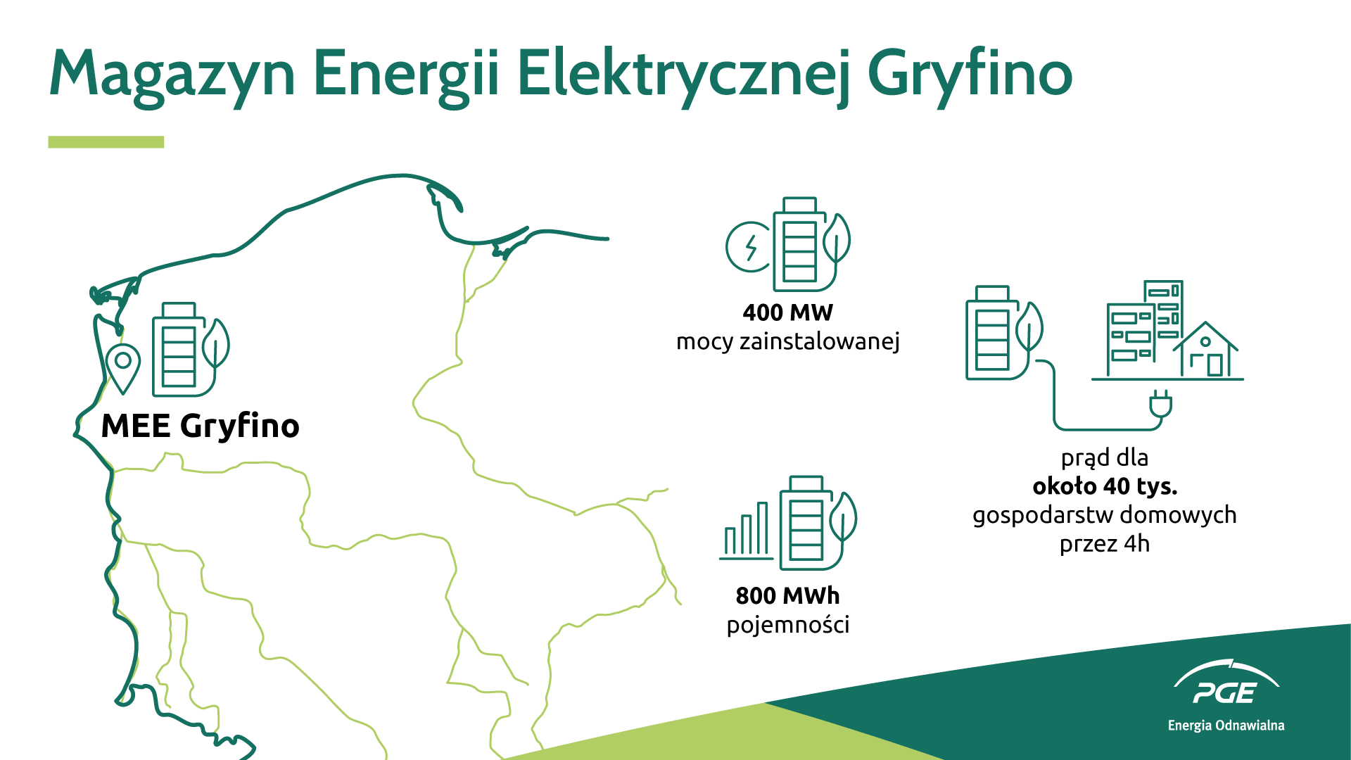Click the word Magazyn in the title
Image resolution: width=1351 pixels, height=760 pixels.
(172, 75)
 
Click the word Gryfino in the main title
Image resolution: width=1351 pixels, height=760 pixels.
(970, 75)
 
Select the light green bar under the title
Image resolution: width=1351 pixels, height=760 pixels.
(106, 142)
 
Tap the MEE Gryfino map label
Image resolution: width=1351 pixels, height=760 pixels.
(201, 426)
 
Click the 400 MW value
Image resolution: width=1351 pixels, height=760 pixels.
(787, 312)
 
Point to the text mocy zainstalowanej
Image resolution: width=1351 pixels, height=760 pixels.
(787, 342)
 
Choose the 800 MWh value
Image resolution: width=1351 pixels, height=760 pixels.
(787, 596)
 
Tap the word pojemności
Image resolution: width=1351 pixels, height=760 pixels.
(787, 625)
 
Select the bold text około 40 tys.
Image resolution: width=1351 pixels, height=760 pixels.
(1105, 486)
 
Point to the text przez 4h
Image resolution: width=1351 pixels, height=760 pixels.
(1105, 544)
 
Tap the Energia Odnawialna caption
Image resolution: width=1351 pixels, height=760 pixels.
(1226, 726)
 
